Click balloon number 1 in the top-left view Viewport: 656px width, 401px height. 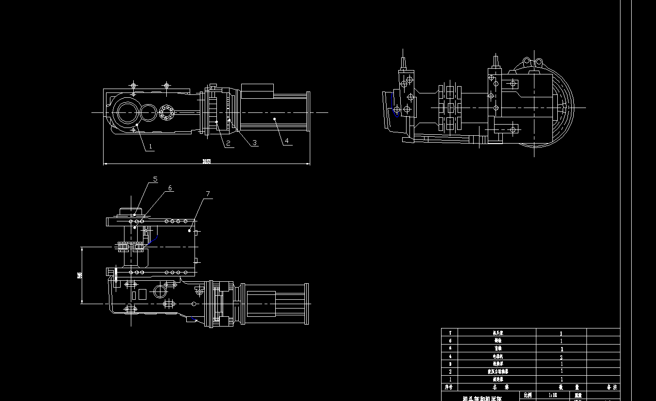[x=151, y=146]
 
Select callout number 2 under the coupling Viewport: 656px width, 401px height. [x=228, y=143]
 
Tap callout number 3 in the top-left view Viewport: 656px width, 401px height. [x=255, y=143]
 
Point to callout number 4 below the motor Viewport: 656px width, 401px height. [x=287, y=141]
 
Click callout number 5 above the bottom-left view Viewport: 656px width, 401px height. [x=155, y=179]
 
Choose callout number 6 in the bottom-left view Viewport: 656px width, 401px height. [x=170, y=188]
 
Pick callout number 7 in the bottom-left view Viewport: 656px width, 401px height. [x=208, y=194]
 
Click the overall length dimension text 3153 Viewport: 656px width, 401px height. [x=207, y=162]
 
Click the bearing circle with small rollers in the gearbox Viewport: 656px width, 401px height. [x=166, y=113]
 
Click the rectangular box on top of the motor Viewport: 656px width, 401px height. [x=257, y=89]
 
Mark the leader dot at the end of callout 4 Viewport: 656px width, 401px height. [x=275, y=118]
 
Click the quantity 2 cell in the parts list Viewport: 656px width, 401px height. [x=561, y=357]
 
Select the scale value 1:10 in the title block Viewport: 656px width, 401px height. [x=552, y=395]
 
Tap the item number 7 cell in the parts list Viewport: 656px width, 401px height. [x=450, y=333]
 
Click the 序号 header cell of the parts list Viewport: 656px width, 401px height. [x=450, y=387]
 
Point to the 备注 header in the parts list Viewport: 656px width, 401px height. [x=611, y=387]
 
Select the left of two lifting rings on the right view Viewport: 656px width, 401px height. [x=526, y=61]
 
